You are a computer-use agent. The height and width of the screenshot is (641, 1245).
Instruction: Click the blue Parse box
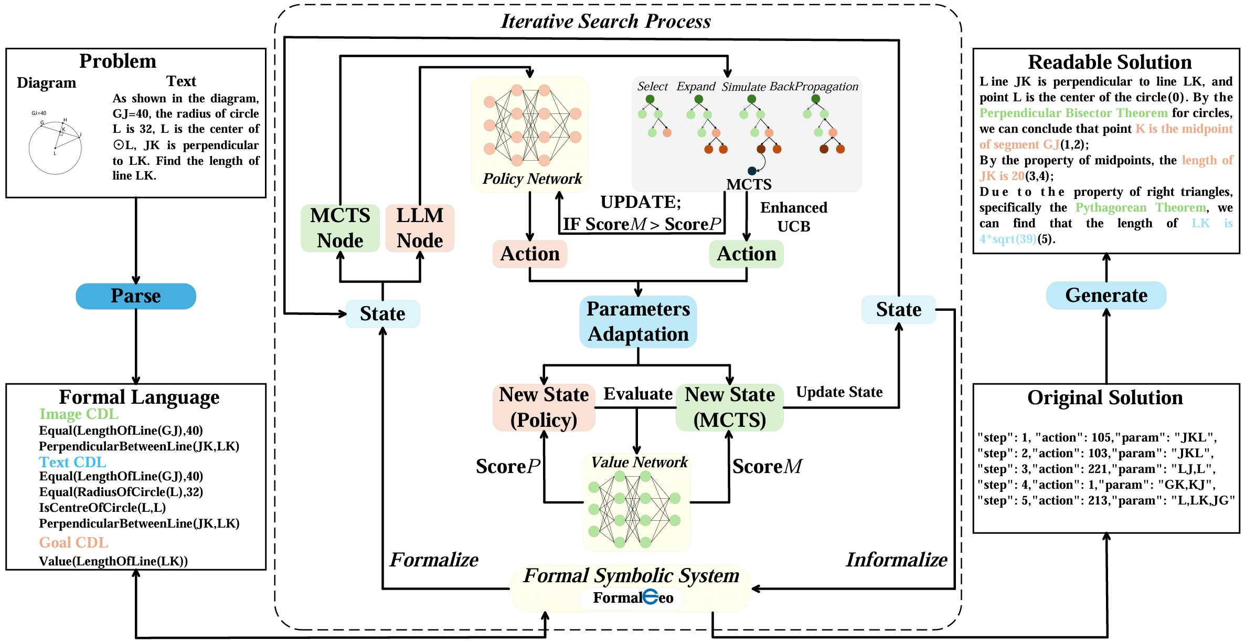coord(136,296)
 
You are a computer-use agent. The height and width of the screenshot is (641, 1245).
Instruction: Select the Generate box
coord(1106,296)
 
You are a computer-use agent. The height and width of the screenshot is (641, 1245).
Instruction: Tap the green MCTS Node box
coord(340,228)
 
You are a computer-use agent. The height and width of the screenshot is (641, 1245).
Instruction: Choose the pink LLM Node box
coord(420,228)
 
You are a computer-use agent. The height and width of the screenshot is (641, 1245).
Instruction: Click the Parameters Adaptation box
coord(638,321)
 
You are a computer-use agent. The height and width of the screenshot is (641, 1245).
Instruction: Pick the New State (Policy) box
coord(544,407)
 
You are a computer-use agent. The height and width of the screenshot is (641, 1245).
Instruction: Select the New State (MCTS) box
coord(729,407)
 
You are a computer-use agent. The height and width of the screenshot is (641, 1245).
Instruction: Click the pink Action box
coord(530,254)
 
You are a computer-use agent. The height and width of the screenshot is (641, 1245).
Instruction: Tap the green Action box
coord(746,254)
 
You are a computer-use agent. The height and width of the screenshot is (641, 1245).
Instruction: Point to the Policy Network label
coord(532,179)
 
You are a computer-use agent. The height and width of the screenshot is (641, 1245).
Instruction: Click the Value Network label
coord(639,462)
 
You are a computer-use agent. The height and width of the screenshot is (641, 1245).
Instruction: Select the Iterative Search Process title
coord(606,22)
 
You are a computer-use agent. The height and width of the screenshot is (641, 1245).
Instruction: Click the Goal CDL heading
coord(74,542)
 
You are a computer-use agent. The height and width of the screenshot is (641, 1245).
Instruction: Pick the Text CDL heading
coord(73,462)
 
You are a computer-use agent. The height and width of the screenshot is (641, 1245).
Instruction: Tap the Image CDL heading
coord(79,414)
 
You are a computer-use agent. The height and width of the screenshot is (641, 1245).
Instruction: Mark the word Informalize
coord(897,560)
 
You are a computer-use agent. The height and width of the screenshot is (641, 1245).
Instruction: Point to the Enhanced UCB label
coord(794,217)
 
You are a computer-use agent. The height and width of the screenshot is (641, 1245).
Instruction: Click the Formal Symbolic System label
coord(631,576)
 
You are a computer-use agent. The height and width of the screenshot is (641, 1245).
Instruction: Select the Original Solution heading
coord(1105,398)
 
